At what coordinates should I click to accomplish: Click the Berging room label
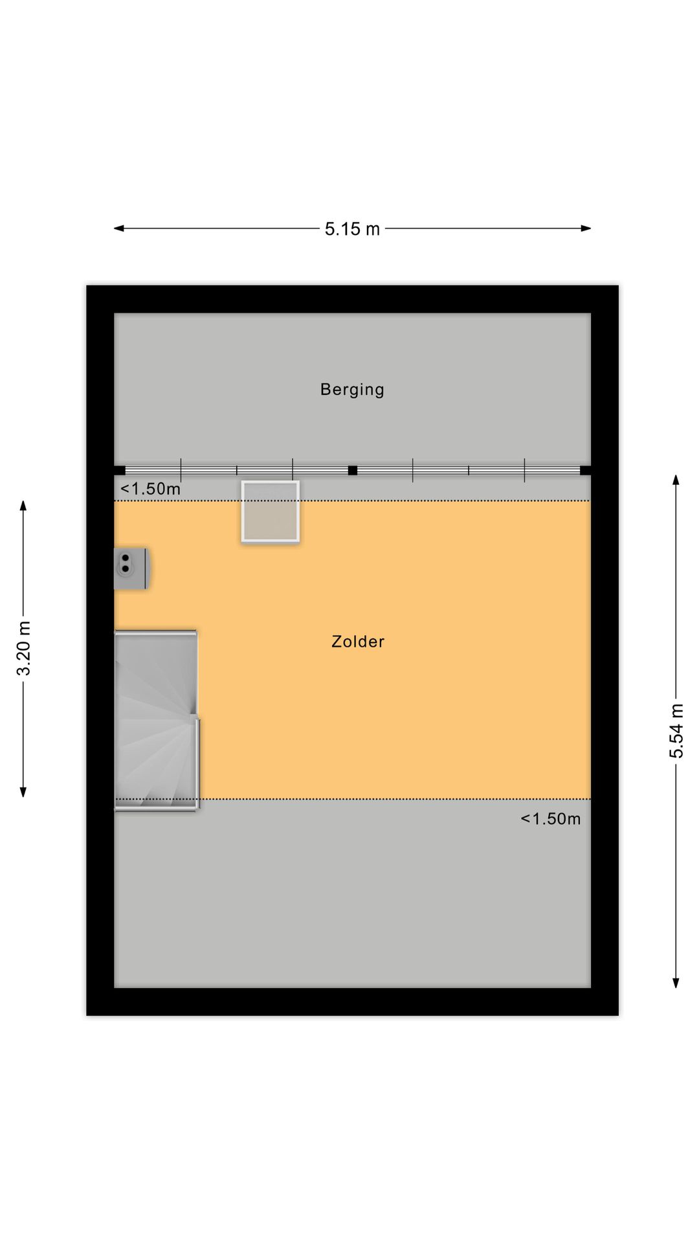pyautogui.click(x=352, y=390)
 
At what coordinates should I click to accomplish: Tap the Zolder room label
pyautogui.click(x=358, y=642)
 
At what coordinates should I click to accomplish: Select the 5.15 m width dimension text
pyautogui.click(x=352, y=229)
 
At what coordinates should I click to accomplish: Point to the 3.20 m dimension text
pyautogui.click(x=24, y=647)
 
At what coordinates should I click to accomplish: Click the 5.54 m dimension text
pyautogui.click(x=676, y=730)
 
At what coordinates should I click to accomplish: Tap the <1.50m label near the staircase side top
pyautogui.click(x=150, y=489)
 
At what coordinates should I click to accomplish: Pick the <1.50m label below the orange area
pyautogui.click(x=550, y=819)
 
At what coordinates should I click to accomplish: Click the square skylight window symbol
pyautogui.click(x=270, y=511)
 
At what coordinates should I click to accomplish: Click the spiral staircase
pyautogui.click(x=156, y=720)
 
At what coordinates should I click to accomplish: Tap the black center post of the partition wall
pyautogui.click(x=353, y=471)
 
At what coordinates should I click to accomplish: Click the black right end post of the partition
pyautogui.click(x=585, y=471)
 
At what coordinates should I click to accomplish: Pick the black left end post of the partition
pyautogui.click(x=120, y=471)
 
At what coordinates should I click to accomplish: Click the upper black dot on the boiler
pyautogui.click(x=125, y=557)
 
